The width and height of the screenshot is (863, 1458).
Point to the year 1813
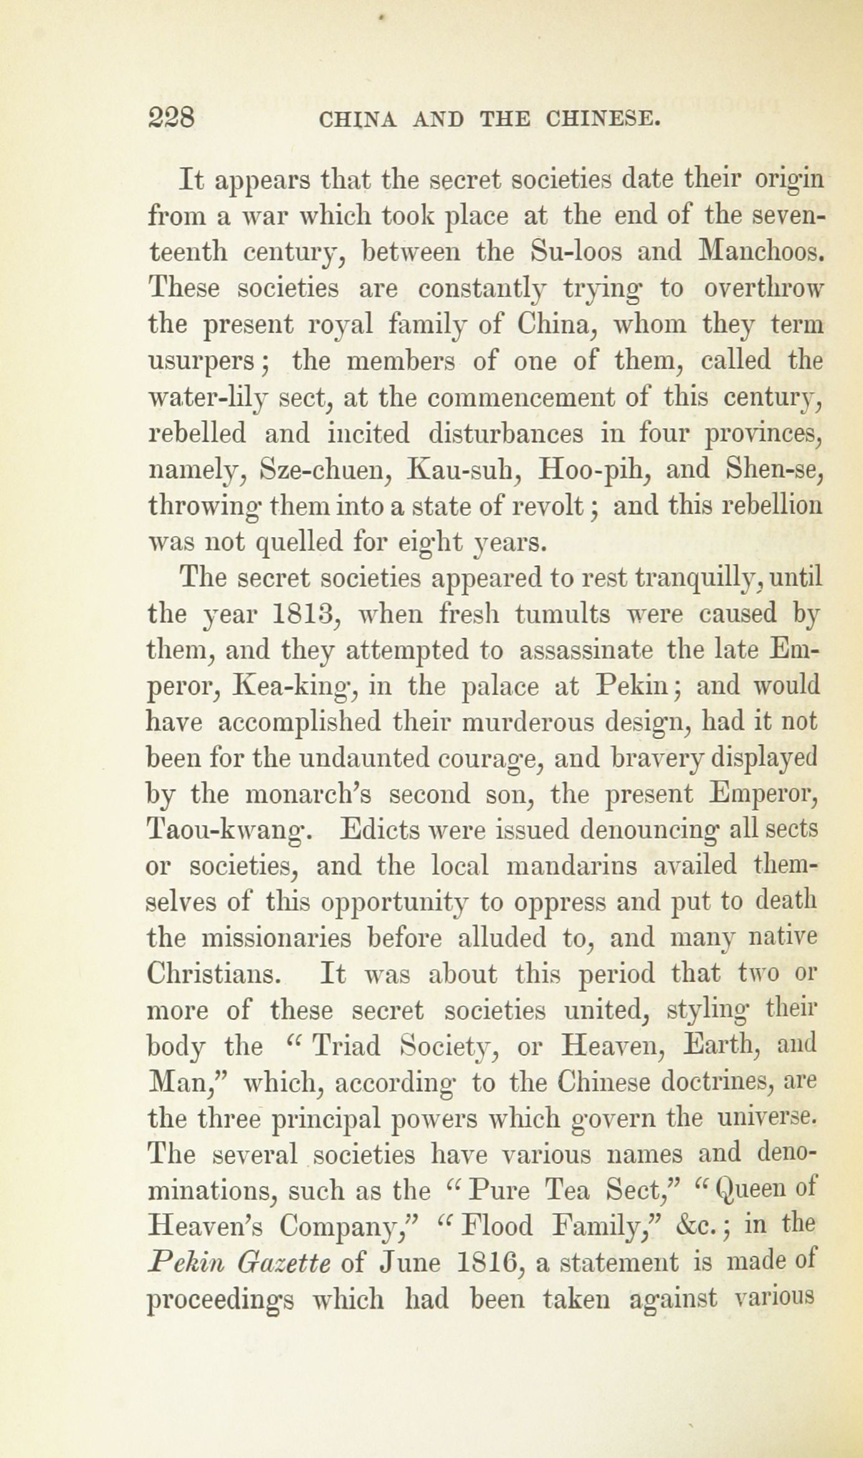click(305, 614)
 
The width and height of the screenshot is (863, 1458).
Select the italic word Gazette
click(274, 1263)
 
